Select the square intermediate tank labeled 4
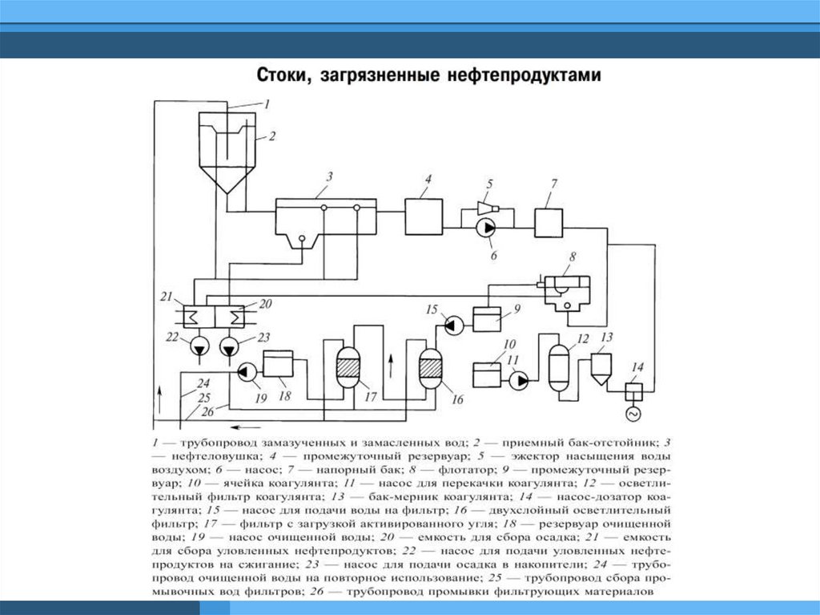424,215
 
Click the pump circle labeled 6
486,229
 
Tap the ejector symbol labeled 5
486,208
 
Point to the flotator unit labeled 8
566,292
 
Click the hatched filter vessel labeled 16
430,368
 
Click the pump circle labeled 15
454,324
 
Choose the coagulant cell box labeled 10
487,375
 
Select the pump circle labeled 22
198,346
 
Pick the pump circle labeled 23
231,346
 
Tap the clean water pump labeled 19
247,371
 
